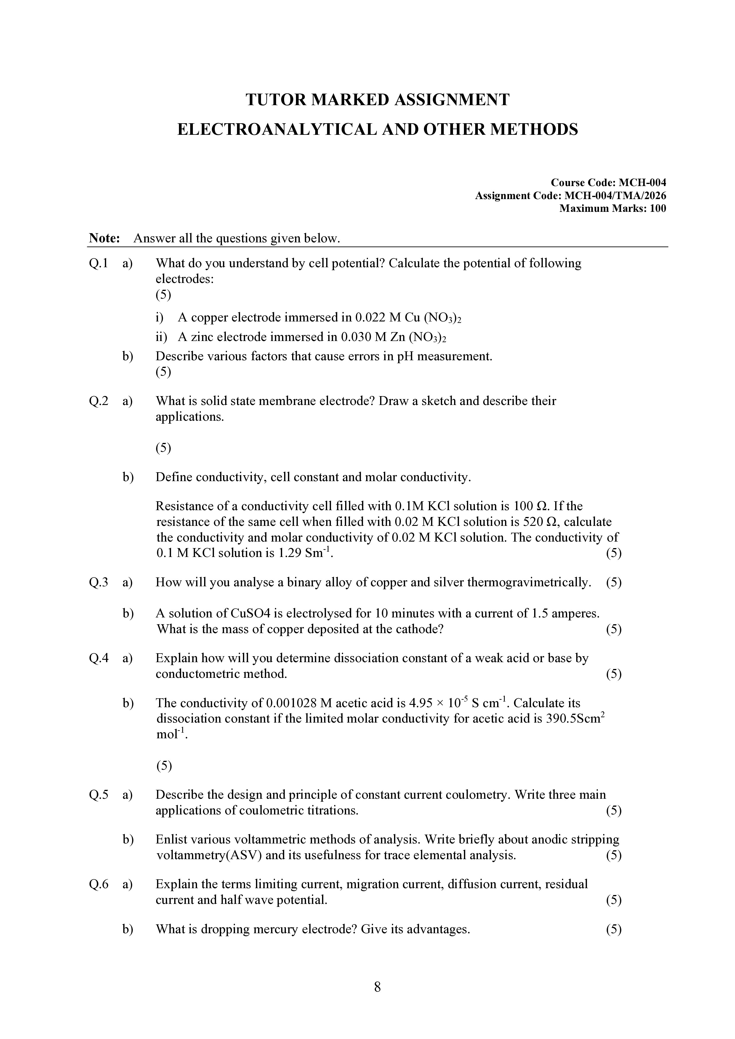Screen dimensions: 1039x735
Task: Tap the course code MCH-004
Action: [x=642, y=183]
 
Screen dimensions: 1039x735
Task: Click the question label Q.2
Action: [x=99, y=401]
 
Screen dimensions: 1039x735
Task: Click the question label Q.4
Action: [x=99, y=658]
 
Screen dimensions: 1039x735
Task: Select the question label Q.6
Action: [x=99, y=884]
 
